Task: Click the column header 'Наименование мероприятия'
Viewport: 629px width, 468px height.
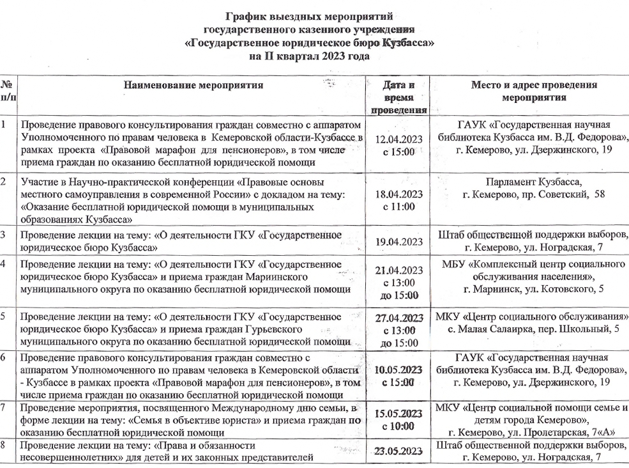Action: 193,85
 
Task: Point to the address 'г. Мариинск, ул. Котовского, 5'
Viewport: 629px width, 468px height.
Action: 533,288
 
